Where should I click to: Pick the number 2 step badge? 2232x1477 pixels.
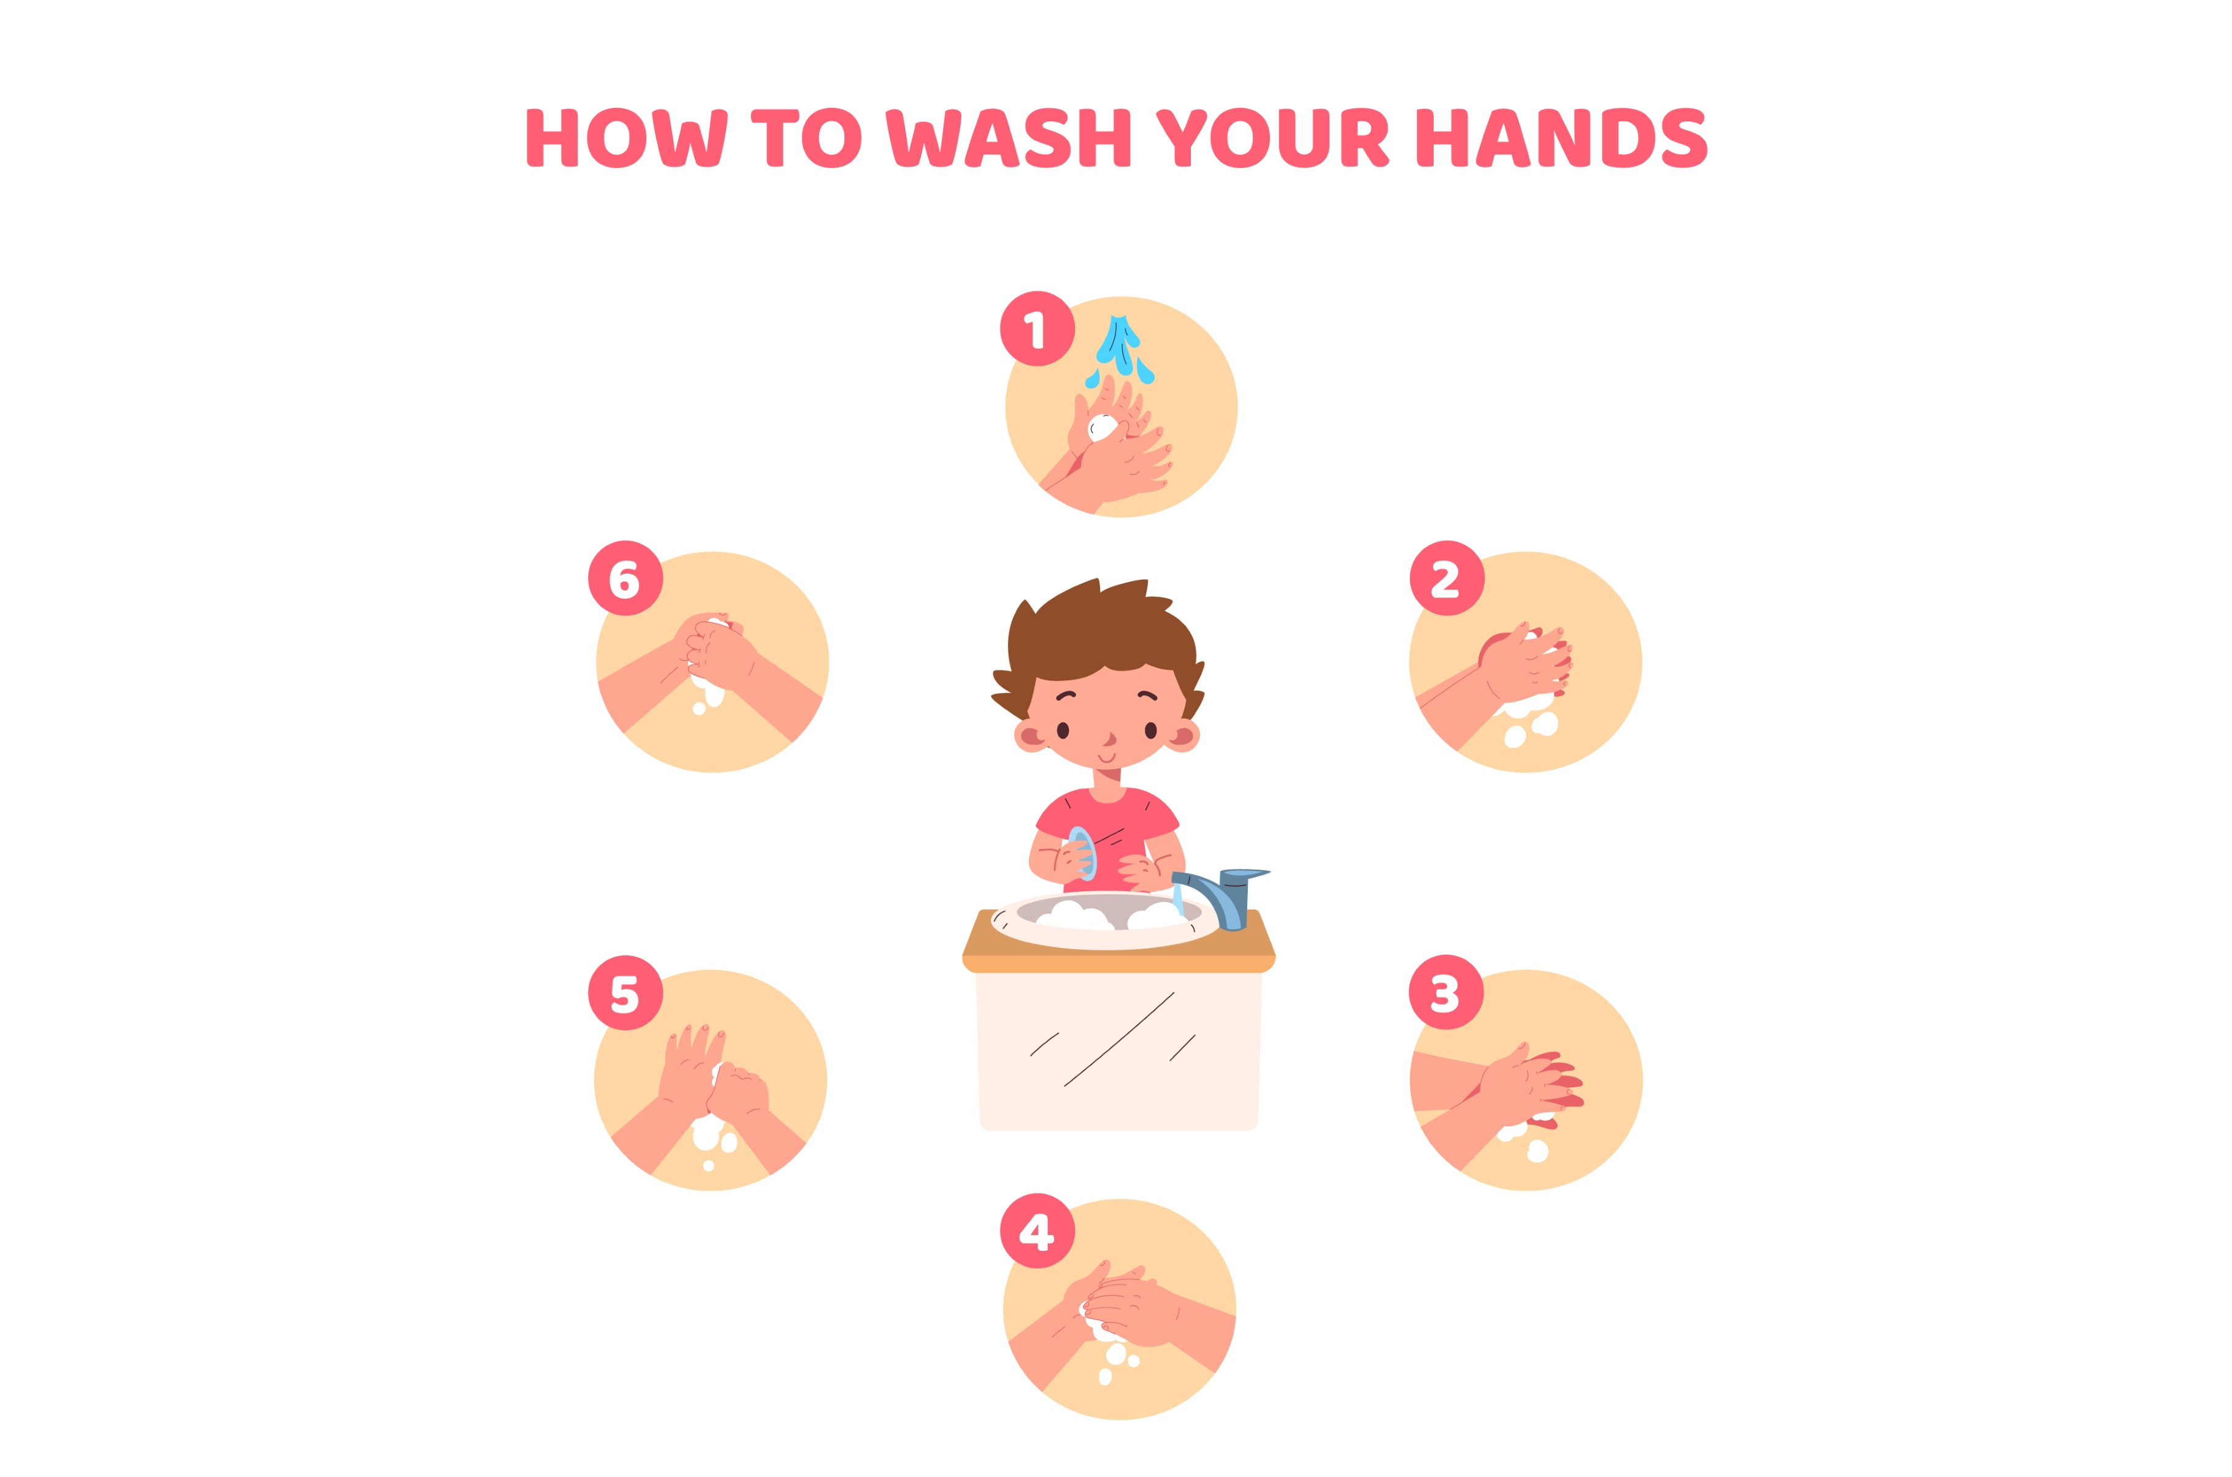(x=1447, y=579)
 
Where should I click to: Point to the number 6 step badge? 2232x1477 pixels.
(x=625, y=579)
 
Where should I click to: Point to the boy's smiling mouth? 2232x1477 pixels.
(x=1107, y=756)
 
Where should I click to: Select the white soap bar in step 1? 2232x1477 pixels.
(x=1101, y=428)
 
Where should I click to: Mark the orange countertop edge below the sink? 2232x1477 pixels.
(x=1118, y=963)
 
